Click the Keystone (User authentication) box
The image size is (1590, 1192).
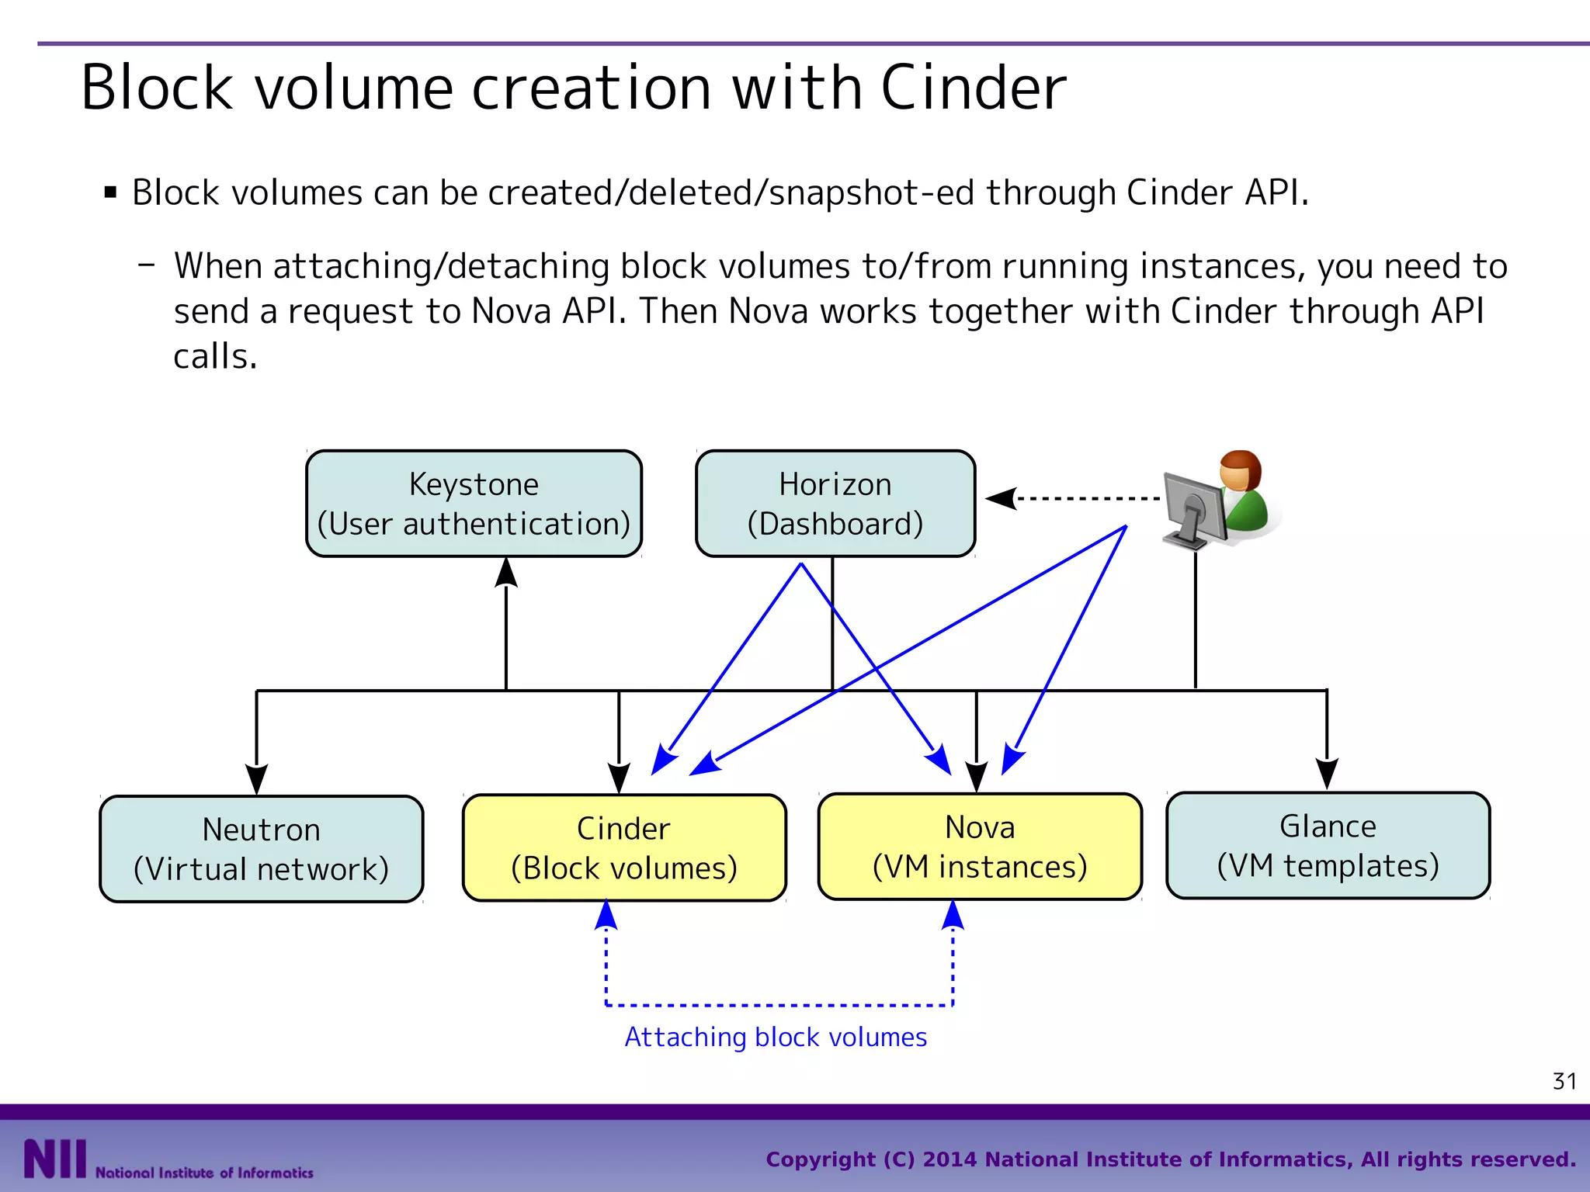tap(474, 504)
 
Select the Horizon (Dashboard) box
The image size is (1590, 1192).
tap(835, 504)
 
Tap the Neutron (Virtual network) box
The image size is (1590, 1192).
tap(261, 849)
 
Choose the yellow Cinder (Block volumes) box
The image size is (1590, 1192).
tap(623, 847)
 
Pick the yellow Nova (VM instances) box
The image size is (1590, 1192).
tap(979, 847)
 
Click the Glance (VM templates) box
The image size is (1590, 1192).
tap(1328, 845)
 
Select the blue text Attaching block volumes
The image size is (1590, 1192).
tap(776, 1038)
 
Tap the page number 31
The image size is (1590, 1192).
tap(1564, 1081)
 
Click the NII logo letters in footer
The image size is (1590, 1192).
tap(54, 1159)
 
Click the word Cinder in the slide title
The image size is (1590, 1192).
tap(974, 88)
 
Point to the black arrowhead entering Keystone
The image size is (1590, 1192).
tap(506, 572)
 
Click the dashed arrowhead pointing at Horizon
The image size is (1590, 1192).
tap(1002, 498)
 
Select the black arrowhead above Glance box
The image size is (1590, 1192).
tap(1327, 773)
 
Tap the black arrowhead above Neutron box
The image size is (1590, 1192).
tap(257, 778)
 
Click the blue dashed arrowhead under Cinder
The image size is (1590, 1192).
tap(606, 916)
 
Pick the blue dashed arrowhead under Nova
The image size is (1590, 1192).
tap(953, 916)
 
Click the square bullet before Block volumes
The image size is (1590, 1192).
tap(110, 192)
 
